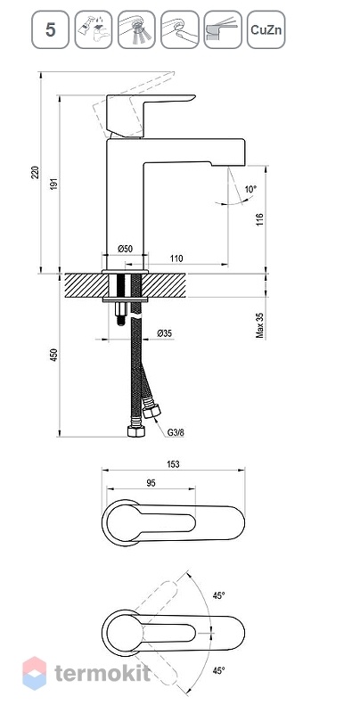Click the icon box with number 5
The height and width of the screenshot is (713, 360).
pos(50,29)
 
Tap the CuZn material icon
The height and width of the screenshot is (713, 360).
pos(266,29)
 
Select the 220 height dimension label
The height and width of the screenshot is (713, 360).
pos(36,173)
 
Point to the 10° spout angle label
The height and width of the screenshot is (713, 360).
pos(250,188)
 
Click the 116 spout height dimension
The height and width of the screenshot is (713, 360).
pos(260,220)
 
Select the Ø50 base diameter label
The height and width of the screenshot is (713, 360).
pos(125,249)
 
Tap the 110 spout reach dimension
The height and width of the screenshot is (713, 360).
pos(176,258)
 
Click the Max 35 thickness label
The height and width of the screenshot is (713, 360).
pos(260,324)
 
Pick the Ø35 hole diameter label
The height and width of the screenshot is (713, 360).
pos(165,333)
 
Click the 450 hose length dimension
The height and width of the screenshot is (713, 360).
pos(53,355)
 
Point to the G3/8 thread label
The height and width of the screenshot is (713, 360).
pos(176,432)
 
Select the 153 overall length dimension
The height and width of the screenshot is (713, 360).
pos(173,464)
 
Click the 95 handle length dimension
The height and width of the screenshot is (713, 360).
pos(151,483)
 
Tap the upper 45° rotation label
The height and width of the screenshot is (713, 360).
pos(219,595)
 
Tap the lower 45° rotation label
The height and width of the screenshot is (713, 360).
pos(219,670)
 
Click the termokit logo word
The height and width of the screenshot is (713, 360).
pos(102,673)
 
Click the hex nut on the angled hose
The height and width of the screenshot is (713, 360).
pos(151,412)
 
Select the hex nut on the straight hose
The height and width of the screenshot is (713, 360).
pos(136,431)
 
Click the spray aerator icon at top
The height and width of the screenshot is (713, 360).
pos(136,29)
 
